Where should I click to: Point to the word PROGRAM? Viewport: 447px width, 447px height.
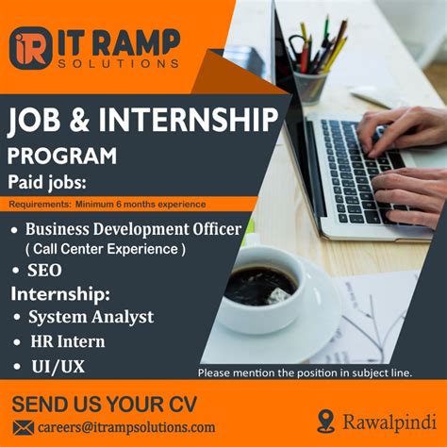(62, 155)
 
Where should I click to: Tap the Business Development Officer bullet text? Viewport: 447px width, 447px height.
(133, 228)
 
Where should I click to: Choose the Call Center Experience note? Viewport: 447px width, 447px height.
(105, 249)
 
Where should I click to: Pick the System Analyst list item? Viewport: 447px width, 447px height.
(91, 316)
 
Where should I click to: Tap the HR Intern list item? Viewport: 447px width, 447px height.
(66, 340)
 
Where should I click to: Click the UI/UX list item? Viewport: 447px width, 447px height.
(56, 365)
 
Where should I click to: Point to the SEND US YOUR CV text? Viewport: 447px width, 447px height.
(106, 405)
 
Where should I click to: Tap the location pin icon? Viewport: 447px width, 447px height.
(326, 421)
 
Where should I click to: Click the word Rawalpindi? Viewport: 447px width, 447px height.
(384, 421)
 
